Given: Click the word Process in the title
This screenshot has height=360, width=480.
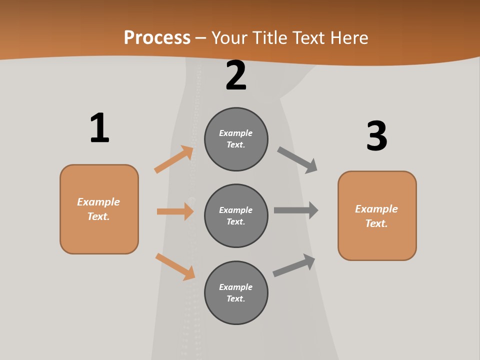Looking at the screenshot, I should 157,38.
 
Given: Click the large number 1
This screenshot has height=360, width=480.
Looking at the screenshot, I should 99,128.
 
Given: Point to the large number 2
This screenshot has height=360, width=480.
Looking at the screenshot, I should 236,75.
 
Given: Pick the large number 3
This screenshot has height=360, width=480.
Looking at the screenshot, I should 376,136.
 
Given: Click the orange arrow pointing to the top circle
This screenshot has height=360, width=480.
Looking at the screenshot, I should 173,159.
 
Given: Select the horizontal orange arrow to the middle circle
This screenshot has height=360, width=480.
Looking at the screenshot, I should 175,211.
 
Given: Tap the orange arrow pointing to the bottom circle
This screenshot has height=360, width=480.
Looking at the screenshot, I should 175,266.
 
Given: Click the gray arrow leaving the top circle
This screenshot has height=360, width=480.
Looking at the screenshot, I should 297,159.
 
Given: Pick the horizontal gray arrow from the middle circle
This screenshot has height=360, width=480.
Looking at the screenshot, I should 296,210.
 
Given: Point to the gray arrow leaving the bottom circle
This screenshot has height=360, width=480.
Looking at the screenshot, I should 294,265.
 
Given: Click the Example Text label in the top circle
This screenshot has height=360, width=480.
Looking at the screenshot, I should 236,139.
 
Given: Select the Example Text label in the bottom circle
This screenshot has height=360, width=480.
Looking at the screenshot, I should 236,293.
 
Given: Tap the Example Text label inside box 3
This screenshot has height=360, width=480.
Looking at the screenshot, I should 376,216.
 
